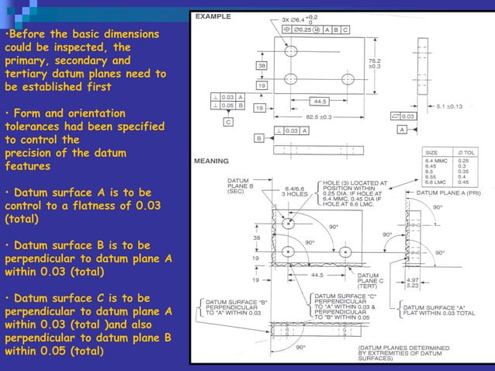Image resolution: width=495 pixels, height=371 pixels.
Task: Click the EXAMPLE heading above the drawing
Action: click(x=213, y=16)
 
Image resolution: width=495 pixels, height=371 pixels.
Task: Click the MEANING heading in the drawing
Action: click(x=211, y=161)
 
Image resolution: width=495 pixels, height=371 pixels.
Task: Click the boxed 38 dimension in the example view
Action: click(x=263, y=66)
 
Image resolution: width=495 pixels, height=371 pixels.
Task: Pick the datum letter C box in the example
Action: click(x=228, y=123)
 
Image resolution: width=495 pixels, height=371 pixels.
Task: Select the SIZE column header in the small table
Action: click(x=432, y=153)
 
